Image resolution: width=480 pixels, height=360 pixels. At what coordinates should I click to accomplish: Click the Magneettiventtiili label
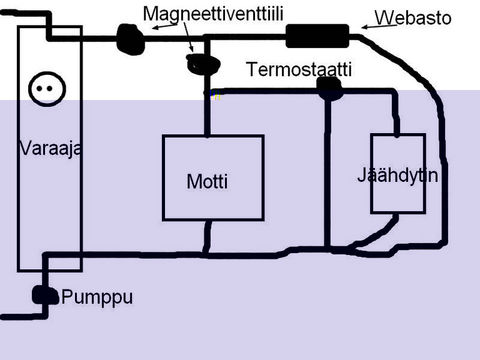(x=217, y=13)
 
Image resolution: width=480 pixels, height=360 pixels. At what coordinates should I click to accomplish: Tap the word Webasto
(x=412, y=17)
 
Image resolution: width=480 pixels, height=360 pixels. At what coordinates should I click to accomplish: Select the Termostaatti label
(x=299, y=69)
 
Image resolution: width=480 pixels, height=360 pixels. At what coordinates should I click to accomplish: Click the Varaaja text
(x=50, y=149)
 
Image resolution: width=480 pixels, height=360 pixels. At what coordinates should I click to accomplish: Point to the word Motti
(x=207, y=182)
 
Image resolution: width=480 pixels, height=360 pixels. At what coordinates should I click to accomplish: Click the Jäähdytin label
(x=397, y=175)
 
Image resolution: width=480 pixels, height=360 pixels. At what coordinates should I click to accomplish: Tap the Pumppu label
(x=97, y=297)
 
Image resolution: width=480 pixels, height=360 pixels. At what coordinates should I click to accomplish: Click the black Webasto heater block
(x=317, y=36)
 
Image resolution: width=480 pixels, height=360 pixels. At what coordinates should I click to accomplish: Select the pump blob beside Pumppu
(x=44, y=294)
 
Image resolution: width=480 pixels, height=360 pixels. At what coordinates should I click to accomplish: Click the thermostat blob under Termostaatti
(x=329, y=88)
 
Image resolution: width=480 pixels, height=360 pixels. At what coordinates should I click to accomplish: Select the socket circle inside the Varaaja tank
(x=47, y=89)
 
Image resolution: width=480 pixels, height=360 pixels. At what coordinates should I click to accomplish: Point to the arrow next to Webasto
(x=369, y=25)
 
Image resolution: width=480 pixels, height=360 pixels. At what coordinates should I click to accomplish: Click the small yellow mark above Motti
(x=215, y=96)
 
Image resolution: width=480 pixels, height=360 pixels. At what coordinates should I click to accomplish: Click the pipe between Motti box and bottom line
(x=207, y=237)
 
